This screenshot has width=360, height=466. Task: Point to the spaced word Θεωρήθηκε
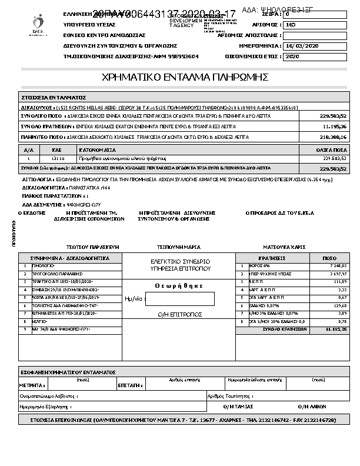179,285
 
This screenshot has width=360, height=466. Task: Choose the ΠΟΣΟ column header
330,258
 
